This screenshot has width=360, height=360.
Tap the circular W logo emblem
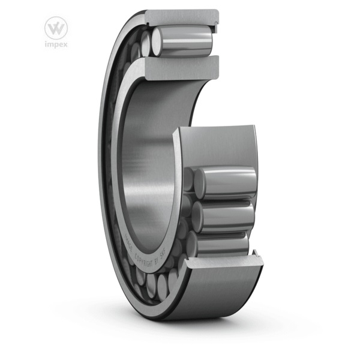(56, 27)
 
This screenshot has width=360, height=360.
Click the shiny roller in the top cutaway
(186, 40)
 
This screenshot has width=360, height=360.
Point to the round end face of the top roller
(158, 41)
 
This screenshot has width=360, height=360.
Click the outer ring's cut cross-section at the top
(179, 16)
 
